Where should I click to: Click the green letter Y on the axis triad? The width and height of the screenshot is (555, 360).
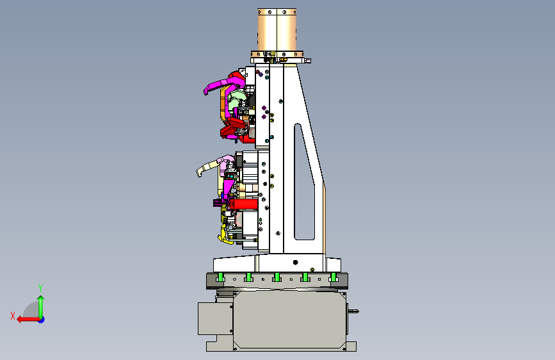coord(40,288)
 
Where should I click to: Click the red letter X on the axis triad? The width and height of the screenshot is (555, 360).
coord(13,316)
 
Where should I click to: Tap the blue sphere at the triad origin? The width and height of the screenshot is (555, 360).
coord(42,320)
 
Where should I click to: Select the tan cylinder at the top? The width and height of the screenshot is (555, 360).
coord(277,29)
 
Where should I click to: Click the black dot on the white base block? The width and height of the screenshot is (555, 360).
coord(296,262)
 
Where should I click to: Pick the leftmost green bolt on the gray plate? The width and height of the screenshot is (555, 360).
coord(220,277)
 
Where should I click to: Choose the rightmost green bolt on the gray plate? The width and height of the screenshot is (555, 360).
coord(333,277)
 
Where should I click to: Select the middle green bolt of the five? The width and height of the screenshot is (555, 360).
coord(277,277)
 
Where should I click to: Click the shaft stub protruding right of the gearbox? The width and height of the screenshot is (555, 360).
coord(353,311)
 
